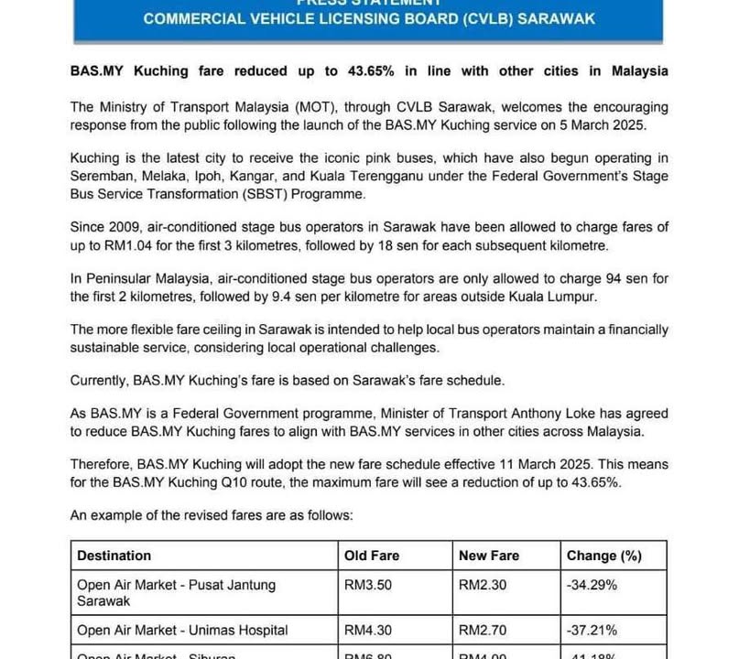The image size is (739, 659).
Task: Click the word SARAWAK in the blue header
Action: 557,18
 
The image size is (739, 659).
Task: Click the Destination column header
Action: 114,556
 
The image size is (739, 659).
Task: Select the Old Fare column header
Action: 372,556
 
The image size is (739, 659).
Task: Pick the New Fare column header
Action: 489,556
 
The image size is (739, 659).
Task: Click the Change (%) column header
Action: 604,556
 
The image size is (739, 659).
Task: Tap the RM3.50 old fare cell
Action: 366,584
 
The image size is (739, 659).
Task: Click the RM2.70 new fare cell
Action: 481,630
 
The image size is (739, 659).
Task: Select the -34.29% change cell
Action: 592,584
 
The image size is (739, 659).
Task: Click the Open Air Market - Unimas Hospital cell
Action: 182,630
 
